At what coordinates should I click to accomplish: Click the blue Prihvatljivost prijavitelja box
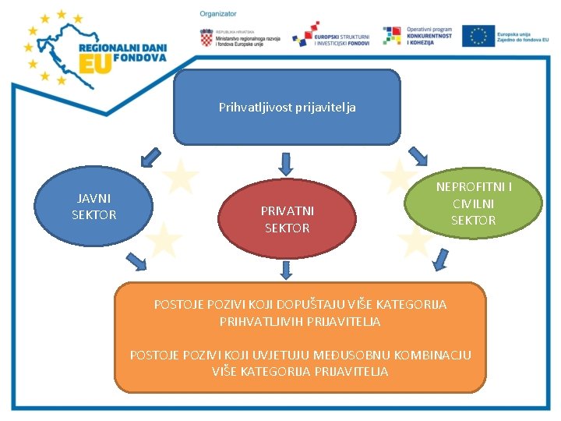[x=287, y=108]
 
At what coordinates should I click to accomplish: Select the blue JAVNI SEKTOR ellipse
[x=94, y=206]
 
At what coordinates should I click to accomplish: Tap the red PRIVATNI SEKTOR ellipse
[x=287, y=220]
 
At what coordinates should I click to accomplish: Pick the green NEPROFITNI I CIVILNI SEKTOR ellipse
[x=473, y=203]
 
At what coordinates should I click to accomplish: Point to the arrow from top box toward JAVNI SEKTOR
[x=147, y=158]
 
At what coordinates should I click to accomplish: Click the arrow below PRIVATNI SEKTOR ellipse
[x=286, y=270]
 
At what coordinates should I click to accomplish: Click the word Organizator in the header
[x=217, y=14]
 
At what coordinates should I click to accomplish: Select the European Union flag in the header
[x=478, y=36]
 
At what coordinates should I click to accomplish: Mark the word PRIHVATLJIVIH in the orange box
[x=257, y=320]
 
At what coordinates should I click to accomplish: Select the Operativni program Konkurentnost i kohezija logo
[x=418, y=36]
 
